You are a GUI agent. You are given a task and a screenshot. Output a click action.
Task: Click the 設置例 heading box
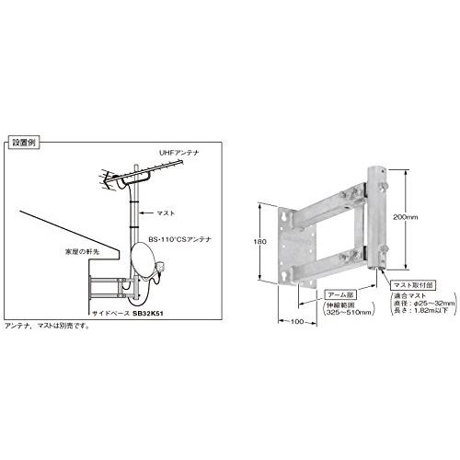pos(21,144)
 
